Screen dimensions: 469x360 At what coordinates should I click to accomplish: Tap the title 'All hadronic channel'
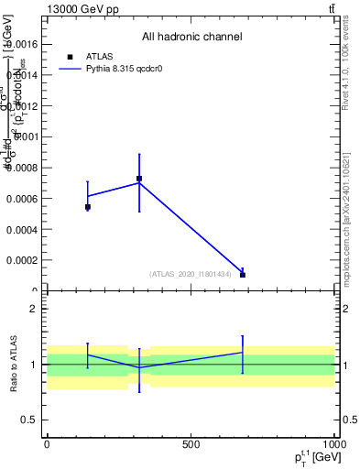191,37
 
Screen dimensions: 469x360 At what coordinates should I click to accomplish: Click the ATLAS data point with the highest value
139,179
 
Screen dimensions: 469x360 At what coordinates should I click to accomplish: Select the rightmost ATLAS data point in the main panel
243,275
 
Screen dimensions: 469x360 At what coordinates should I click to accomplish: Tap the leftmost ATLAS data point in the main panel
88,207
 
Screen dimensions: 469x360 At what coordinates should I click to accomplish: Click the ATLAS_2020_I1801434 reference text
191,274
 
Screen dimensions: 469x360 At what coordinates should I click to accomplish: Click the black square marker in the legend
71,57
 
